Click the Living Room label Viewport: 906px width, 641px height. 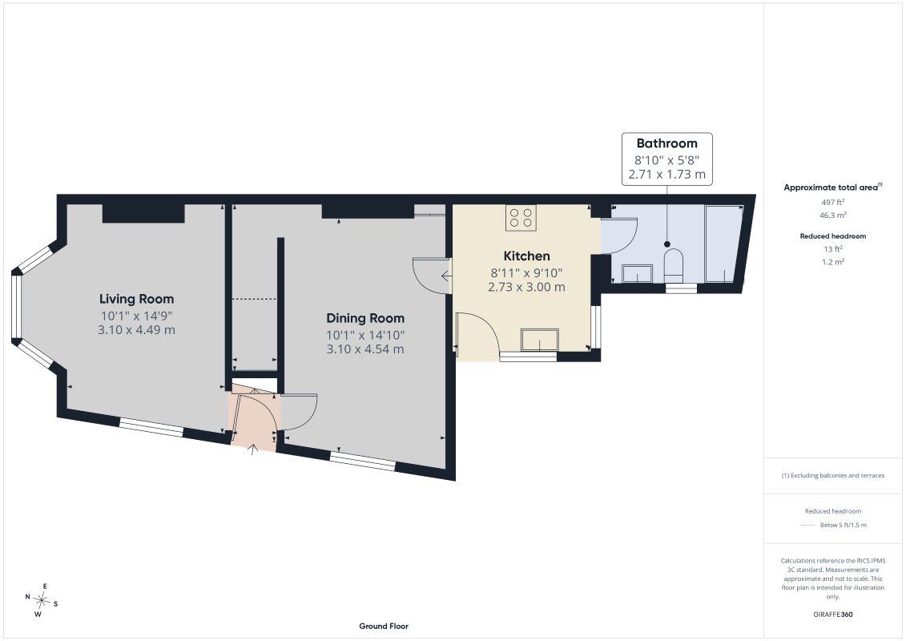tap(136, 299)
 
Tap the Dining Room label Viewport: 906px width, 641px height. tap(365, 318)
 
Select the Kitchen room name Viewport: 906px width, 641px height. tap(526, 256)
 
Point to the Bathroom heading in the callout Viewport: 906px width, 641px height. tap(666, 143)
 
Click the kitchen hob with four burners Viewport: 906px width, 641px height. tap(521, 218)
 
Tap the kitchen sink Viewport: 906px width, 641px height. tap(540, 340)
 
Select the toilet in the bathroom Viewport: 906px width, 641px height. tap(674, 266)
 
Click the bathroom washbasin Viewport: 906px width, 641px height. tap(638, 273)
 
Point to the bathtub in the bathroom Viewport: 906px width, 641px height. tap(723, 244)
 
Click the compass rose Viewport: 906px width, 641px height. tap(42, 601)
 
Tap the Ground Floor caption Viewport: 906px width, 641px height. tap(384, 626)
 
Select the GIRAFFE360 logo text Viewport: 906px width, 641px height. tap(832, 615)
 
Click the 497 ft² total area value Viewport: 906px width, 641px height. tap(832, 202)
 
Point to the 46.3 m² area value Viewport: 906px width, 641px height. tap(832, 215)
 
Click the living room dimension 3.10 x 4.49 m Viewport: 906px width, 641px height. tap(136, 330)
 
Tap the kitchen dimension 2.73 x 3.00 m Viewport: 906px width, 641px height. tap(526, 288)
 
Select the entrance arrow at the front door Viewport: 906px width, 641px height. tap(252, 450)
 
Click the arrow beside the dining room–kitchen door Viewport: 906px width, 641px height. tap(447, 276)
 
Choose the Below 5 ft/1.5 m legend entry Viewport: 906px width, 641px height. tap(843, 525)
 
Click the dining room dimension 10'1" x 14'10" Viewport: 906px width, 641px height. tap(365, 335)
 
